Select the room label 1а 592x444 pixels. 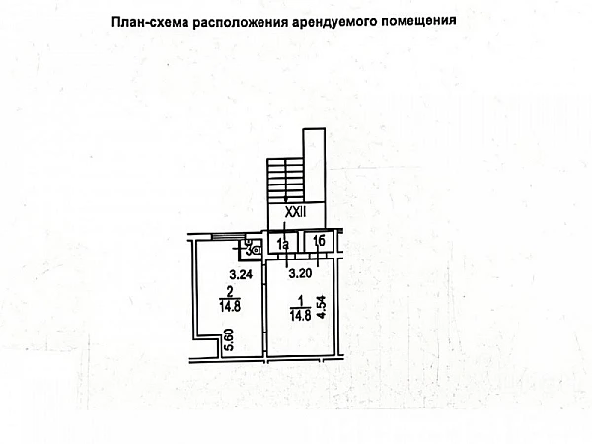282,243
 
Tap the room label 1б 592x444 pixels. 318,242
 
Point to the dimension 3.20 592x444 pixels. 300,275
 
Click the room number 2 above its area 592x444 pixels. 229,291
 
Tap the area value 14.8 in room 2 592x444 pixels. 229,305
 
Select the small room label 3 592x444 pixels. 249,249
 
